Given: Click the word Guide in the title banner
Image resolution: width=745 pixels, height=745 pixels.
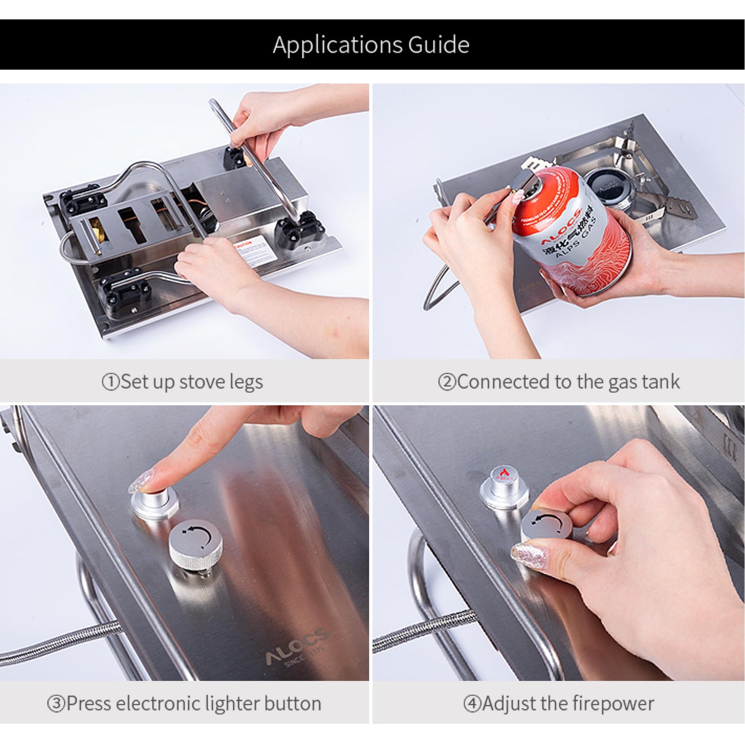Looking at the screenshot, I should (438, 45).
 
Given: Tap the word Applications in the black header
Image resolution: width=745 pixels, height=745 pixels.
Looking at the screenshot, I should (338, 45).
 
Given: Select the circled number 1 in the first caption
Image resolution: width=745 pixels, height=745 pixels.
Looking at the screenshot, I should (110, 382).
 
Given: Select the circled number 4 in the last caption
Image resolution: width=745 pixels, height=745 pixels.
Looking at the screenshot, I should (472, 704).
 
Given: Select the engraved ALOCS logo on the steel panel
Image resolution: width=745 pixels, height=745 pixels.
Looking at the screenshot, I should (296, 650).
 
